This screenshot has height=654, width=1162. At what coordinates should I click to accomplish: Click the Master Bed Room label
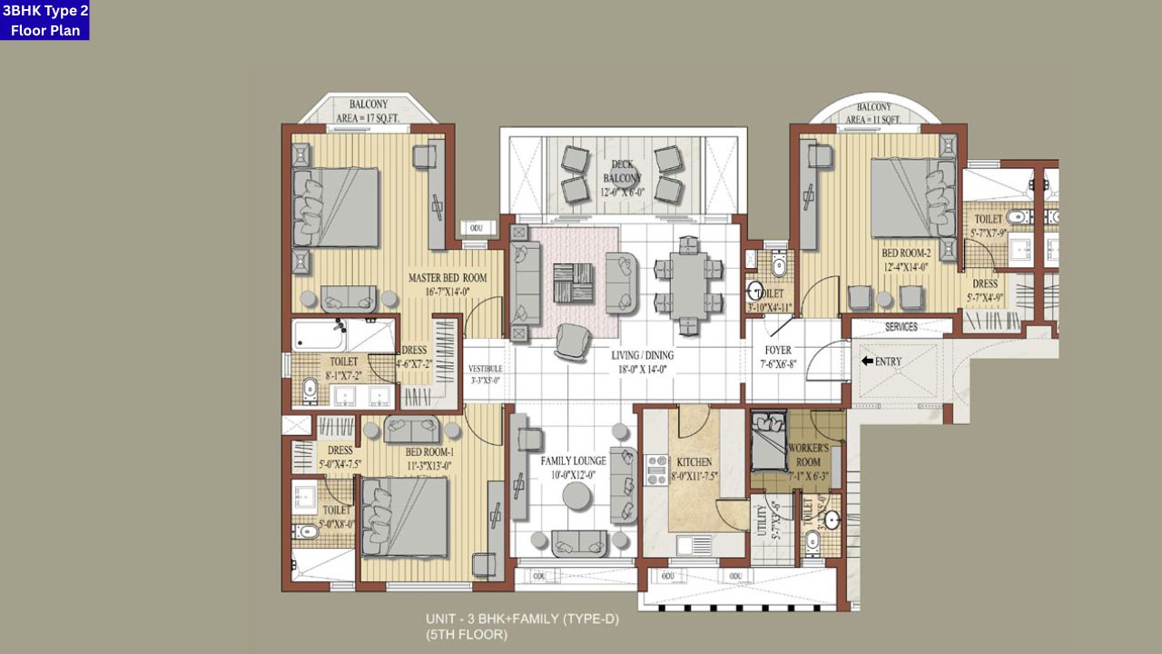[447, 278]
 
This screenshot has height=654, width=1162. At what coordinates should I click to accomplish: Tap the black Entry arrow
[867, 361]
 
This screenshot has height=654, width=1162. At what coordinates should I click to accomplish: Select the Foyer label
[778, 350]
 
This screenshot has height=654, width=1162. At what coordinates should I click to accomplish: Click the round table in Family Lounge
[579, 496]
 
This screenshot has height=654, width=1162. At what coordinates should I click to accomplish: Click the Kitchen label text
[694, 462]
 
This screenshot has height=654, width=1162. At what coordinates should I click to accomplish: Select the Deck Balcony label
[621, 171]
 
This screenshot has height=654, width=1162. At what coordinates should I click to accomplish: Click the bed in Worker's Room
[768, 440]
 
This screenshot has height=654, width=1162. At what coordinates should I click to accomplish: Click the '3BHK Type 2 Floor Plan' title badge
[45, 21]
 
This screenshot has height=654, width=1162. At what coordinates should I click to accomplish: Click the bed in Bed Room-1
[405, 516]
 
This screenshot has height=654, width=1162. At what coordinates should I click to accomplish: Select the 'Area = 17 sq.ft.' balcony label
[368, 118]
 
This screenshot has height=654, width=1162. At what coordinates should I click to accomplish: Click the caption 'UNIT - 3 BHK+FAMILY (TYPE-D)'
[522, 619]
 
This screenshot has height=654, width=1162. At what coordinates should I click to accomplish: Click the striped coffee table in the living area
[573, 283]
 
